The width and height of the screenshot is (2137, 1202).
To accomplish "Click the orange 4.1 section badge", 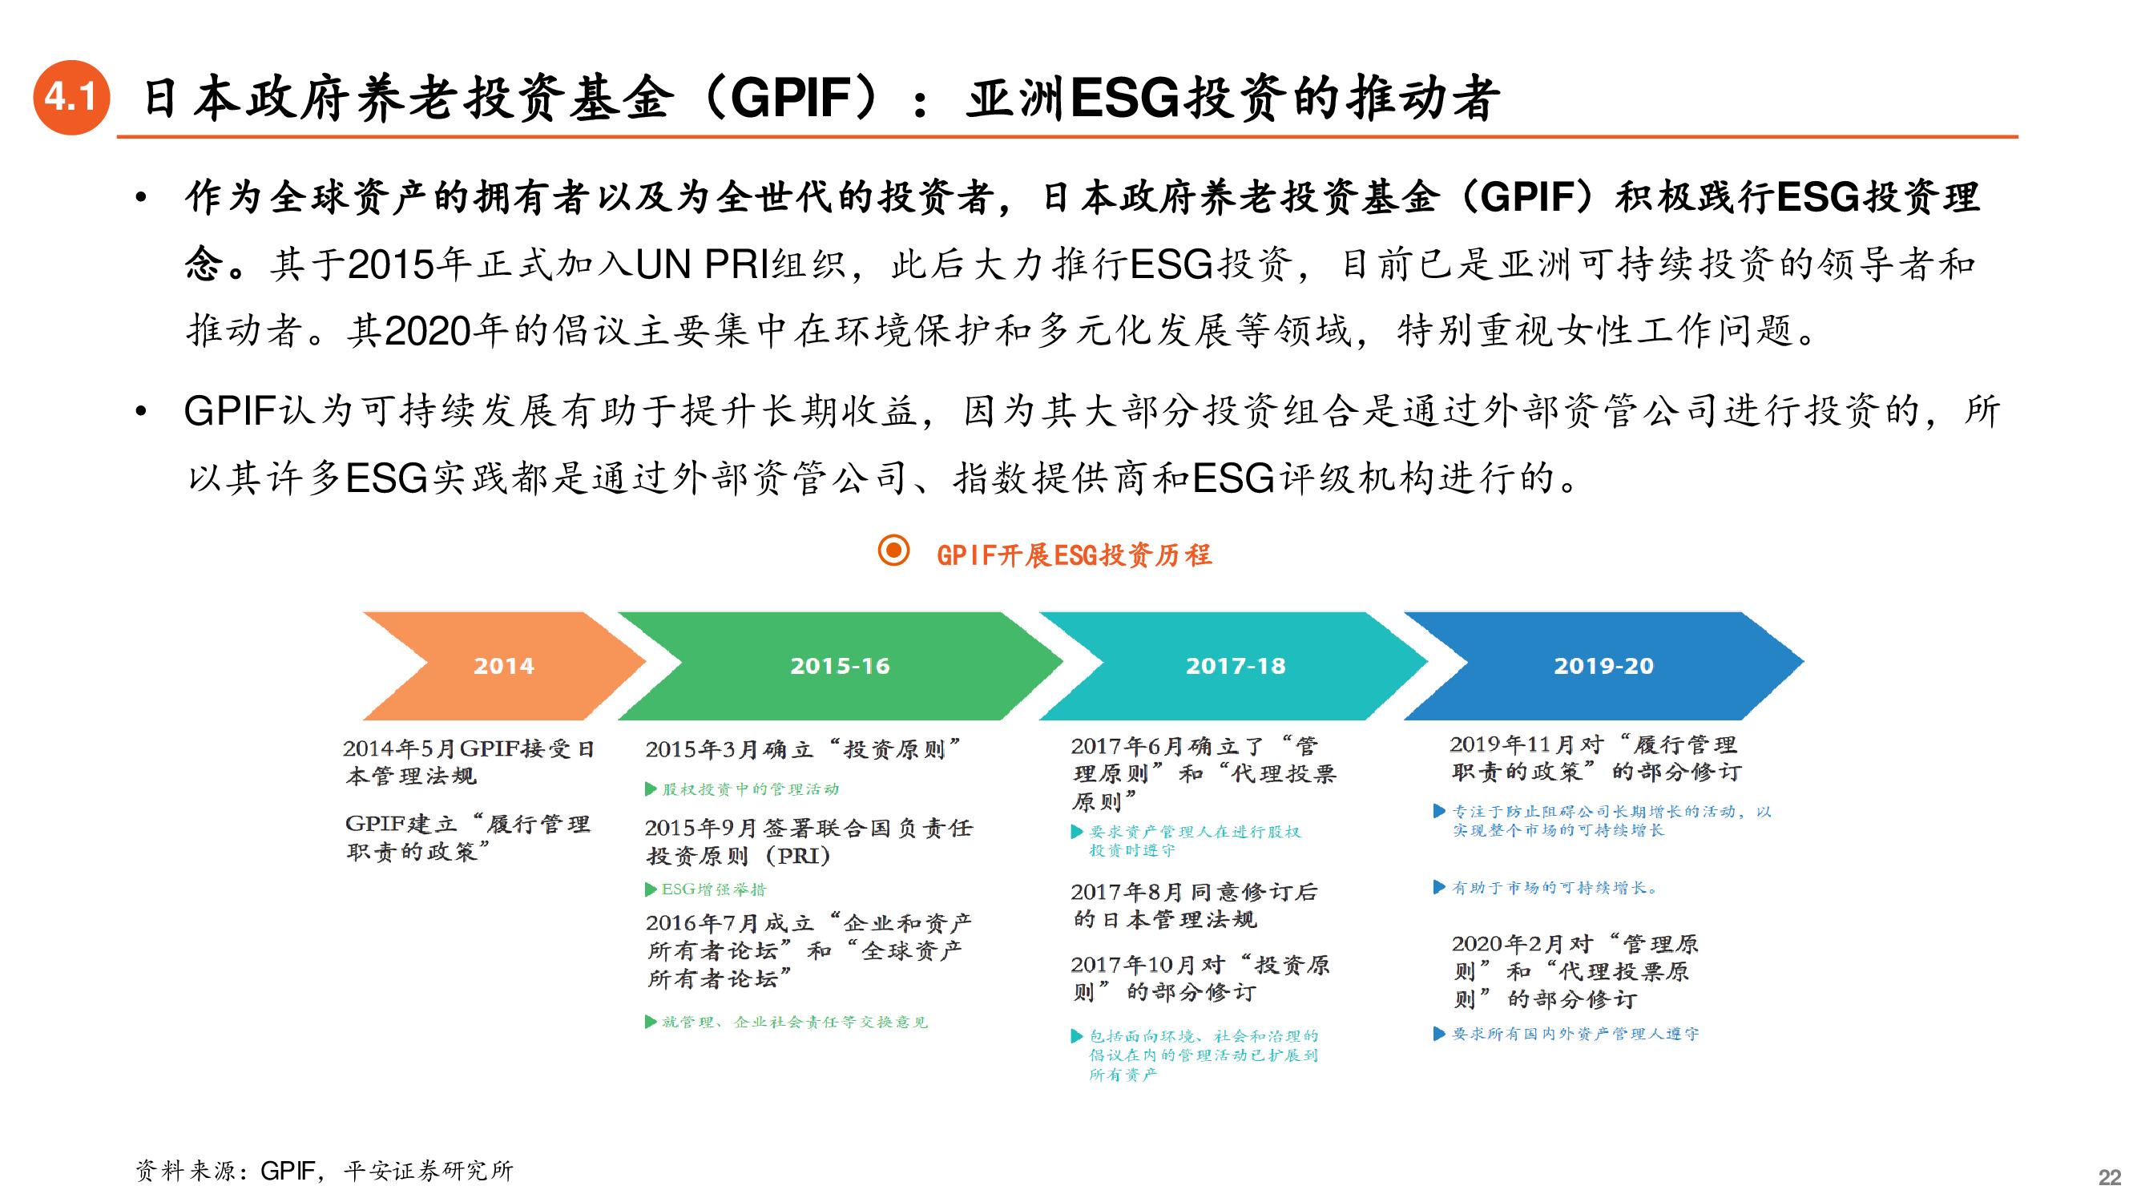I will click(71, 97).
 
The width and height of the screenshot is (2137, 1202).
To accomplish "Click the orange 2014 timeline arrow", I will click(502, 665).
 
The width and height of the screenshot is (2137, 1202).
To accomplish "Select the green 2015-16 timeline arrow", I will click(840, 665).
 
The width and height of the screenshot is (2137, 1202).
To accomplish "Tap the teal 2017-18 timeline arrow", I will click(1235, 665).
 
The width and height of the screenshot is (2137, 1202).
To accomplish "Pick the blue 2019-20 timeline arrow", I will click(1603, 665).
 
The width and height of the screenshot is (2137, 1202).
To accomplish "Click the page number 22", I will click(2109, 1177).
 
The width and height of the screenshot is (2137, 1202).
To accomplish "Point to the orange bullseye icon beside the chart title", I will click(893, 551).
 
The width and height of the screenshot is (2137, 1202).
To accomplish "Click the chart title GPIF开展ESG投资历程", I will click(1074, 555).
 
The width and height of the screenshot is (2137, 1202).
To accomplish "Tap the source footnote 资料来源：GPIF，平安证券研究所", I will click(325, 1171).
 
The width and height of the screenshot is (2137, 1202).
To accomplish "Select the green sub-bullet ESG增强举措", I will click(713, 889).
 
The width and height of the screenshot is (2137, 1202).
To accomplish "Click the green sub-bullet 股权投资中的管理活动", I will click(750, 789).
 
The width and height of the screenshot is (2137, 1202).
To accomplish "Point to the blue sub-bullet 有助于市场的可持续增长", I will click(1554, 888).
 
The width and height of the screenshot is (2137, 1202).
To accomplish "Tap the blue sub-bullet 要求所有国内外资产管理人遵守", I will click(1575, 1034).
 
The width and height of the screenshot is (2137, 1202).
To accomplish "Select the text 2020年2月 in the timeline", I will click(1507, 944).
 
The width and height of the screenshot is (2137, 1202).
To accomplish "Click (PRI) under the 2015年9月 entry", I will click(797, 855).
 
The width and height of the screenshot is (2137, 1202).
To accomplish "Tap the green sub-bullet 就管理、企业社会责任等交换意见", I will click(794, 1022).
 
